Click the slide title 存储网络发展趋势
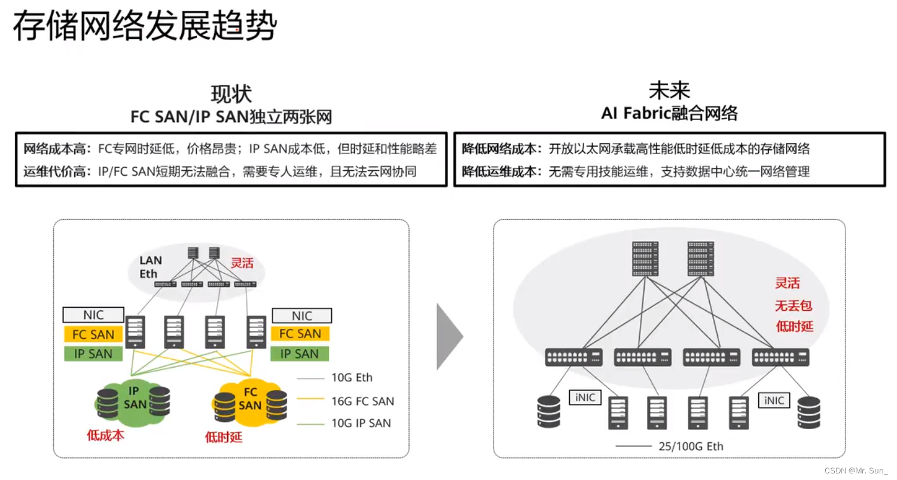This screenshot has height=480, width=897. point(145,27)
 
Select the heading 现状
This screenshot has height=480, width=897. point(231,94)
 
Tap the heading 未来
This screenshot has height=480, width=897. point(669,90)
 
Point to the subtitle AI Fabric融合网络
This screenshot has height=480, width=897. point(669,112)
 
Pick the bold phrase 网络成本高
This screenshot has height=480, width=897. point(57,149)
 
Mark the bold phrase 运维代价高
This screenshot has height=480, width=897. point(57,172)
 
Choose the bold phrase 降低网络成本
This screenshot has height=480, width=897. point(502,149)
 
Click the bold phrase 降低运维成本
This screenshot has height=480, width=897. point(502,172)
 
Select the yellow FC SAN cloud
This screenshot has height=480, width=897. point(249,399)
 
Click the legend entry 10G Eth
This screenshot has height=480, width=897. point(352,377)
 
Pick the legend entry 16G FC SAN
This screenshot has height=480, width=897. point(362,401)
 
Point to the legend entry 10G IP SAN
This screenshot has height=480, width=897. point(361,423)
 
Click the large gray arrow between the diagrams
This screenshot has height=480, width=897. point(449,337)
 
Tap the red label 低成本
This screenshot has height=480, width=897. point(106,435)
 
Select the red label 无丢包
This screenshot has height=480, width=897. point(794,306)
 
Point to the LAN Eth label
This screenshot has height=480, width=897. point(150,267)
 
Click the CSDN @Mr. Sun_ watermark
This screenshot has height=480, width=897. point(856,470)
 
